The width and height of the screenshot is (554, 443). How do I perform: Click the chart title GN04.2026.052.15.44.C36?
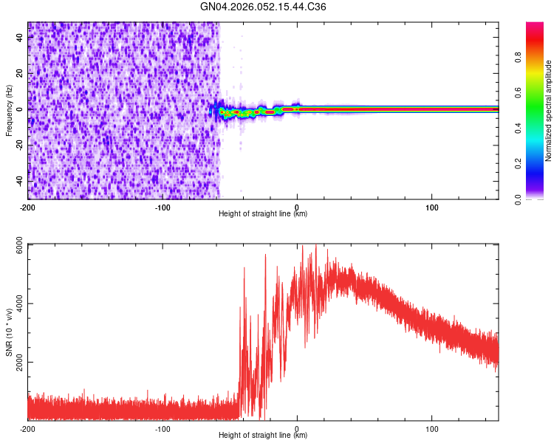coord(264,7)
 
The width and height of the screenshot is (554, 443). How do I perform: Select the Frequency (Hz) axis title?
coord(9,111)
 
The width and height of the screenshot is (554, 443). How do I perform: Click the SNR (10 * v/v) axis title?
coord(9,332)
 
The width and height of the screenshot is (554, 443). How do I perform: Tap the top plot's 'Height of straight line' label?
coord(263,214)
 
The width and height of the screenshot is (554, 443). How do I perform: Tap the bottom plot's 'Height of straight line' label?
coord(263,436)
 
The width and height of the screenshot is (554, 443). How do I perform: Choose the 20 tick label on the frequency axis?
coord(19,73)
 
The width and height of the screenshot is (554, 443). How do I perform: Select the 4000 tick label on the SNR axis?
coord(15,304)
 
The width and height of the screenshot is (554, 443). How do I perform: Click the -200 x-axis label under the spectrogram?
coord(28,207)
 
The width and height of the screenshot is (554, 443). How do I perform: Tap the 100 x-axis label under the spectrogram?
coord(431,207)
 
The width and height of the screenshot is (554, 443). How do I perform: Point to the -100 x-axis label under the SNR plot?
coord(163,428)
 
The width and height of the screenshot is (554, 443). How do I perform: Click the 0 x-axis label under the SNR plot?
coord(297,428)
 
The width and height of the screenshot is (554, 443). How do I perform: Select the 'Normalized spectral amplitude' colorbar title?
coord(549,111)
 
